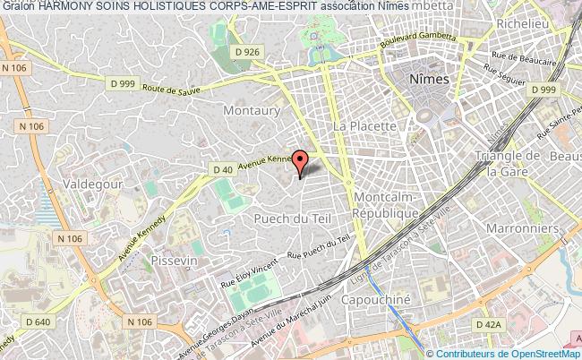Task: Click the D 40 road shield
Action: pyautogui.click(x=223, y=169)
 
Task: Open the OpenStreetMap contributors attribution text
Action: pyautogui.click(x=509, y=353)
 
